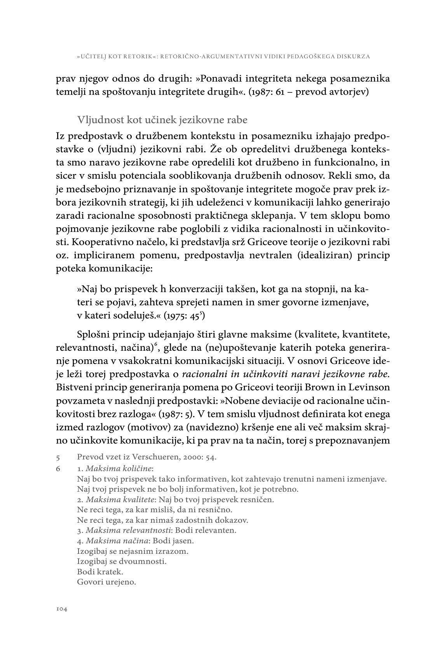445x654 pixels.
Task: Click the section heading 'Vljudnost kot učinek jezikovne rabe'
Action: tap(162, 120)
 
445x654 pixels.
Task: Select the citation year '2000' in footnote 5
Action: tap(191, 457)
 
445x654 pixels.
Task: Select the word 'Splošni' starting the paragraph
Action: tap(92, 335)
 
